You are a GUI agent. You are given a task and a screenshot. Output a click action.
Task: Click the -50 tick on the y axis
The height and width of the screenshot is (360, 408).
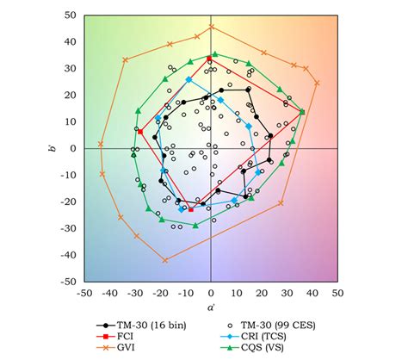coord(67,281)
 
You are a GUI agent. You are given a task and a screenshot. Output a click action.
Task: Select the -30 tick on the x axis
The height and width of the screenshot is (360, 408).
coord(134,293)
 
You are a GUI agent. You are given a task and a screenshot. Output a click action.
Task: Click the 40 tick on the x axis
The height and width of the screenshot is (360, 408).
coord(312,293)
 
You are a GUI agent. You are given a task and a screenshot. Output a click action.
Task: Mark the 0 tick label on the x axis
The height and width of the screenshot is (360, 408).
coord(211,293)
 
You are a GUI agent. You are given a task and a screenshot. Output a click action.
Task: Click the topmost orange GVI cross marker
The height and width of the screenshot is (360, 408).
coord(211,27)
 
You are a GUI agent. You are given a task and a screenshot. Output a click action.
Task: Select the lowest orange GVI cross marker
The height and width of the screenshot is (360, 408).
coord(165,260)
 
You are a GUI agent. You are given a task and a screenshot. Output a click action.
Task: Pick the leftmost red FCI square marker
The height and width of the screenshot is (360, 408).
coord(140,132)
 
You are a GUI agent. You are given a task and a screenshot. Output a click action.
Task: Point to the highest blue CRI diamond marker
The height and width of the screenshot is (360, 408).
coord(189,79)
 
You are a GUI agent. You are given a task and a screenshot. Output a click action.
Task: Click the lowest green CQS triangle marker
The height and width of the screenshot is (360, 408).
coord(195,226)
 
